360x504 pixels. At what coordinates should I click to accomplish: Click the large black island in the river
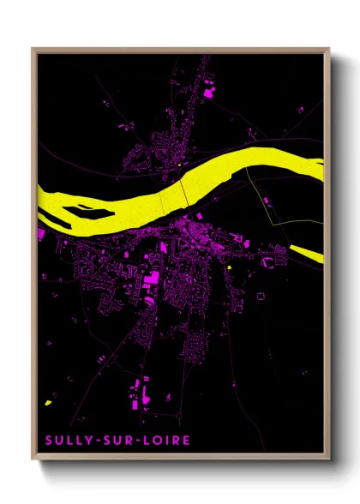(x=79, y=208)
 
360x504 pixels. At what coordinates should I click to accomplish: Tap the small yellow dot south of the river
(x=231, y=267)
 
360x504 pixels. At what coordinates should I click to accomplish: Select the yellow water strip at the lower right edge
(x=307, y=252)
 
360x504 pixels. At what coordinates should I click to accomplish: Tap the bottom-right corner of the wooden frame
(x=329, y=458)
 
